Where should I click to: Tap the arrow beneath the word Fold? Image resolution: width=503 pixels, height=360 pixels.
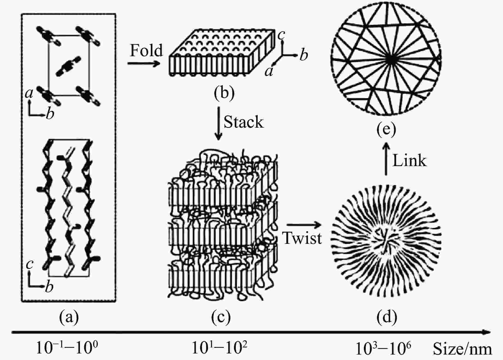click(144, 64)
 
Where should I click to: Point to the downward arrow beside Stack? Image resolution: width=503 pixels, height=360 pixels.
click(218, 123)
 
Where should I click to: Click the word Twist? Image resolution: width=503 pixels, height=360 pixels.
click(302, 238)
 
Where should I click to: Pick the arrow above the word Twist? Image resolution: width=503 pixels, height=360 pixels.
click(304, 225)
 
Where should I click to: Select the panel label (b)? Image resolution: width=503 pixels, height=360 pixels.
click(224, 93)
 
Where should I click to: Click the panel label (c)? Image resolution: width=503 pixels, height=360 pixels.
click(221, 317)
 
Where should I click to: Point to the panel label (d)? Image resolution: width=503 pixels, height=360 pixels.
click(386, 317)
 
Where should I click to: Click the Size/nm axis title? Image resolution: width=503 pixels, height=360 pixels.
click(462, 349)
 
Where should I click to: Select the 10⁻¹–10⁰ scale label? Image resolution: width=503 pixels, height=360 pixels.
click(67, 348)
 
